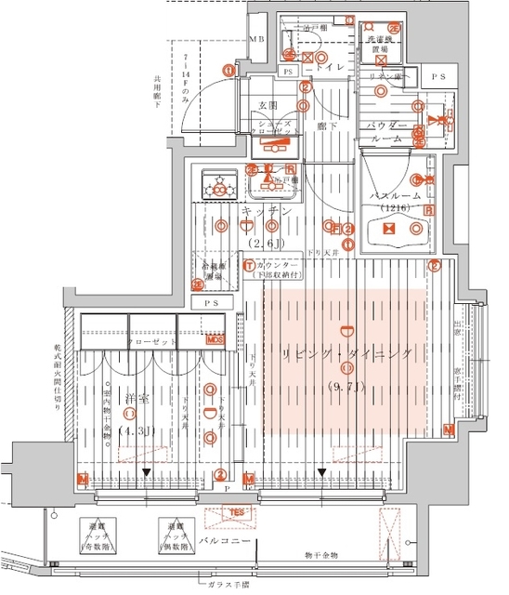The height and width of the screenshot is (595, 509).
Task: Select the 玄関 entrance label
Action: tap(256, 105)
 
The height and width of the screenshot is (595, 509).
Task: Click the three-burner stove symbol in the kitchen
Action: tap(221, 185)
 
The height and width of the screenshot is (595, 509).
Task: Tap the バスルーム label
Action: tap(397, 197)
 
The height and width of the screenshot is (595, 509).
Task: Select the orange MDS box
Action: tap(215, 340)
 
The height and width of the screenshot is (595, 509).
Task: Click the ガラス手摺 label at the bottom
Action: tap(231, 586)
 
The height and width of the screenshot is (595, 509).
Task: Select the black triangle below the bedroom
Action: tap(147, 474)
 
